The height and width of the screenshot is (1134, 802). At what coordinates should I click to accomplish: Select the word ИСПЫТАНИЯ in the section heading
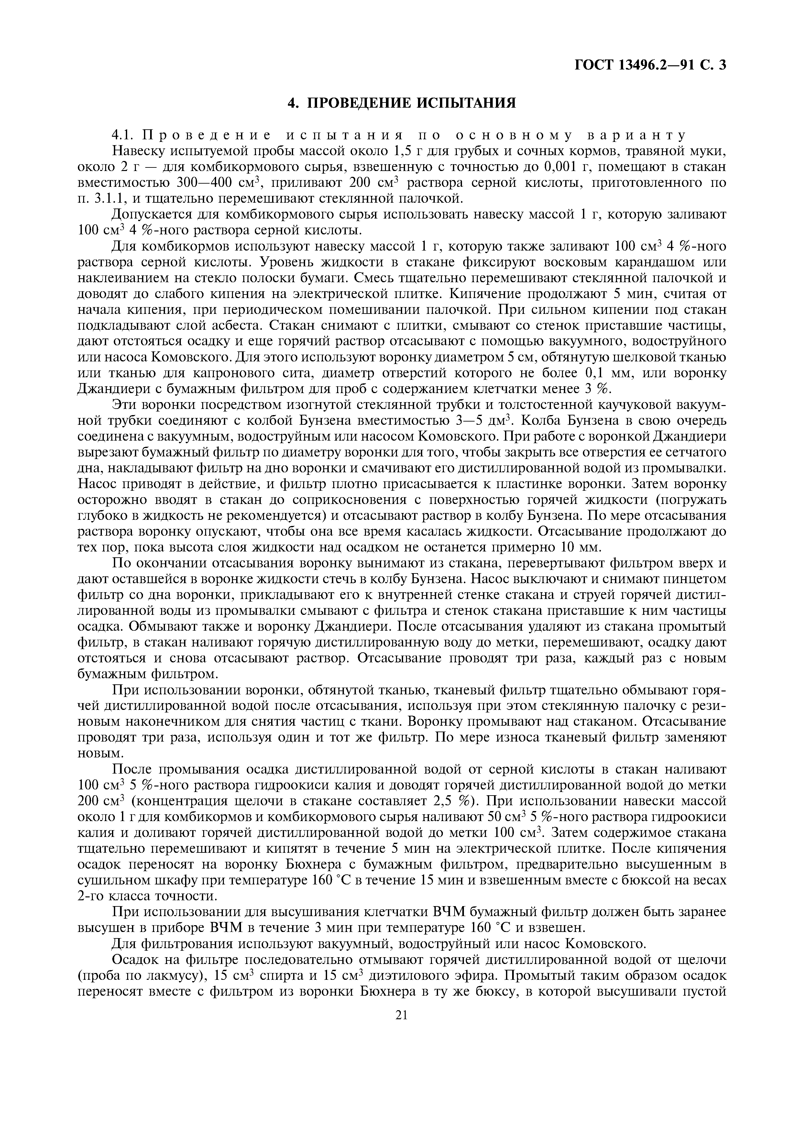pos(465,103)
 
